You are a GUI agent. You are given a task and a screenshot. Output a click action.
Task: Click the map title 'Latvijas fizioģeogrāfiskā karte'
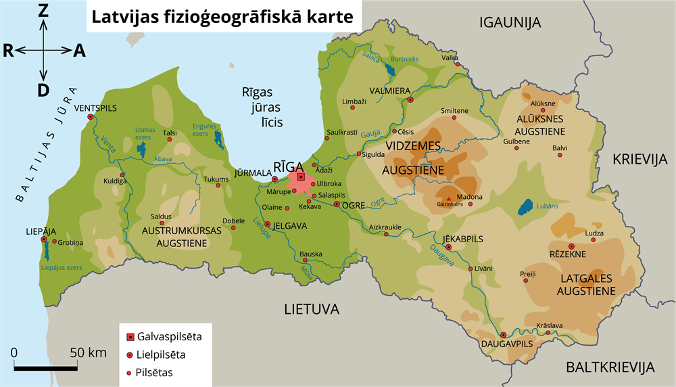click(222, 16)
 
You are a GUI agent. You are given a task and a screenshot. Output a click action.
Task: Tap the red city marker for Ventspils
click(91, 116)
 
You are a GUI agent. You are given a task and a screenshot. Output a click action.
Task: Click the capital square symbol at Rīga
click(301, 177)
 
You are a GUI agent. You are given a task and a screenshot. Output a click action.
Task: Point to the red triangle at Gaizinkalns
click(449, 198)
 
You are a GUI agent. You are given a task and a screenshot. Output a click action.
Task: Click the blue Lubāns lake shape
click(523, 207)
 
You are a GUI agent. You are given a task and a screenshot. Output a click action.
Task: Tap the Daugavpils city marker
click(503, 335)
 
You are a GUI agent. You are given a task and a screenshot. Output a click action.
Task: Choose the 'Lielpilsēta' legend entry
click(162, 354)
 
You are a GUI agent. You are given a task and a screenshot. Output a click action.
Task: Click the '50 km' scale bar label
click(88, 352)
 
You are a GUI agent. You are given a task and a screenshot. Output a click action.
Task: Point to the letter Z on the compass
click(43, 10)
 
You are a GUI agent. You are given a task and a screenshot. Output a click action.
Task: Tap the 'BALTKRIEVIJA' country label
click(610, 368)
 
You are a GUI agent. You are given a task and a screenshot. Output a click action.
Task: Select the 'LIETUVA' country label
click(311, 310)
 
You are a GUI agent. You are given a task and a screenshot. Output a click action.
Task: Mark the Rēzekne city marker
click(571, 246)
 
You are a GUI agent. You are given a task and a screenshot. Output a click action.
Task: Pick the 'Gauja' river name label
click(370, 135)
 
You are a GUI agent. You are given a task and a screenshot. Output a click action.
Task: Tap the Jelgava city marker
click(268, 225)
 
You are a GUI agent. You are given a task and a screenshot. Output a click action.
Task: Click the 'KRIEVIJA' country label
click(639, 159)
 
